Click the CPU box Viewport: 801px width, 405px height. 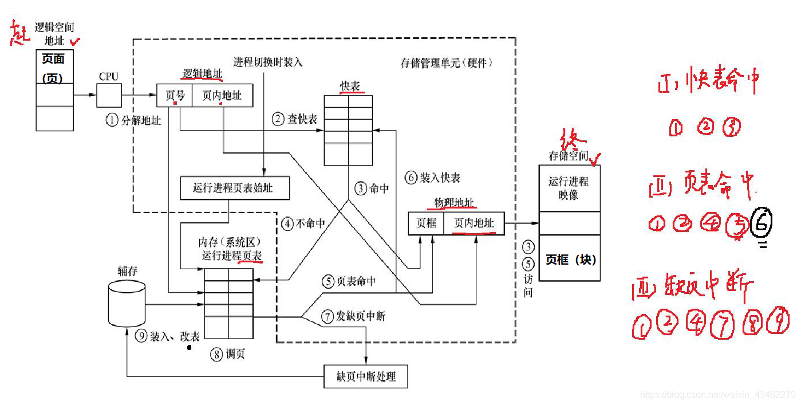click(109, 95)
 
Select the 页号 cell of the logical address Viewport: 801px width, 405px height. click(175, 96)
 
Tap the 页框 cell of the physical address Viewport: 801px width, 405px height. click(425, 223)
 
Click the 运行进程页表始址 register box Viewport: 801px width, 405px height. click(234, 188)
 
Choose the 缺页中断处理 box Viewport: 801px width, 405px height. click(366, 377)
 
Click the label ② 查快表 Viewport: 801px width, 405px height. click(294, 119)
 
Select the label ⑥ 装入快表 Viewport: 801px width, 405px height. click(432, 178)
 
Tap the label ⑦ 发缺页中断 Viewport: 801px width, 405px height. click(353, 316)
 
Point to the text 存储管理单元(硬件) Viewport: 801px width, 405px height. click(446, 63)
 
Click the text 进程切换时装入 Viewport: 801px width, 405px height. click(267, 62)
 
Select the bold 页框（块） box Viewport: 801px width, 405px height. click(570, 258)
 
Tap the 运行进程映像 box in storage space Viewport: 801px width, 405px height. click(569, 187)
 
